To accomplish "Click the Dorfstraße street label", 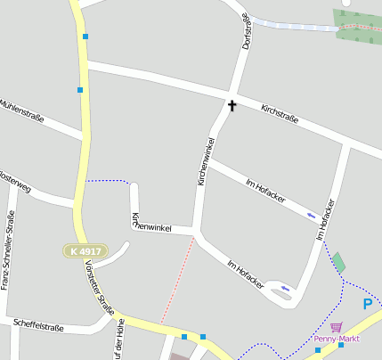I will click(248, 29).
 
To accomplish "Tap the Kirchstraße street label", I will click(280, 114).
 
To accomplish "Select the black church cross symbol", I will click(232, 106).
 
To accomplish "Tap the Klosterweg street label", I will click(15, 181).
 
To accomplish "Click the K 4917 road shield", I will click(84, 251).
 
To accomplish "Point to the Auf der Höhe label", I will click(118, 343).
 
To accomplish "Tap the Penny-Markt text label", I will click(334, 339).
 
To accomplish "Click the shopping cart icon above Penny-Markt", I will click(335, 327).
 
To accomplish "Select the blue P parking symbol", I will click(367, 305).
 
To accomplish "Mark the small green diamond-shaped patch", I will click(338, 262).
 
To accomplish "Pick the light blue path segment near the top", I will click(293, 24).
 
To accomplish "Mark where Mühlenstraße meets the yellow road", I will click(86, 135).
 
